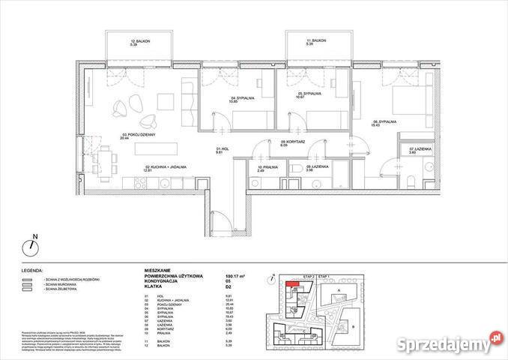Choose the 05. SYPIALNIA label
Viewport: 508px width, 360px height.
[x=304, y=95]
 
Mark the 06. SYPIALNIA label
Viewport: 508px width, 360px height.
[x=389, y=122]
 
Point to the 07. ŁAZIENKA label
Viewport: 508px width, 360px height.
[x=417, y=150]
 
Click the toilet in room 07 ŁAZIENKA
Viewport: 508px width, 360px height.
[x=414, y=180]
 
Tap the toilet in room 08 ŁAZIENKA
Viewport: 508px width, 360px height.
[x=297, y=166]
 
